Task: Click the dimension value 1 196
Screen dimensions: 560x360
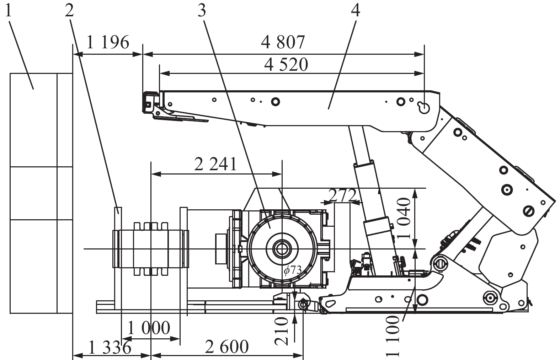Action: tap(108, 42)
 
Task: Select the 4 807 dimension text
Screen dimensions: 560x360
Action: tap(283, 42)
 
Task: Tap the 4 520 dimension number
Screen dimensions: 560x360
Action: tap(286, 65)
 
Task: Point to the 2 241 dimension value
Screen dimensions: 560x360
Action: tap(215, 164)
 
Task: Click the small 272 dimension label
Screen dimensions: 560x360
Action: tap(342, 195)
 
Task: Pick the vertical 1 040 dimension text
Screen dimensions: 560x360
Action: tap(404, 218)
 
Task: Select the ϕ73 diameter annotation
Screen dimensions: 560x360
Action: tap(293, 270)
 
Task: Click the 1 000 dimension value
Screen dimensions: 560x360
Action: tap(149, 328)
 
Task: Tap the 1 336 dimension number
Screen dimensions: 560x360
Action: tap(110, 347)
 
